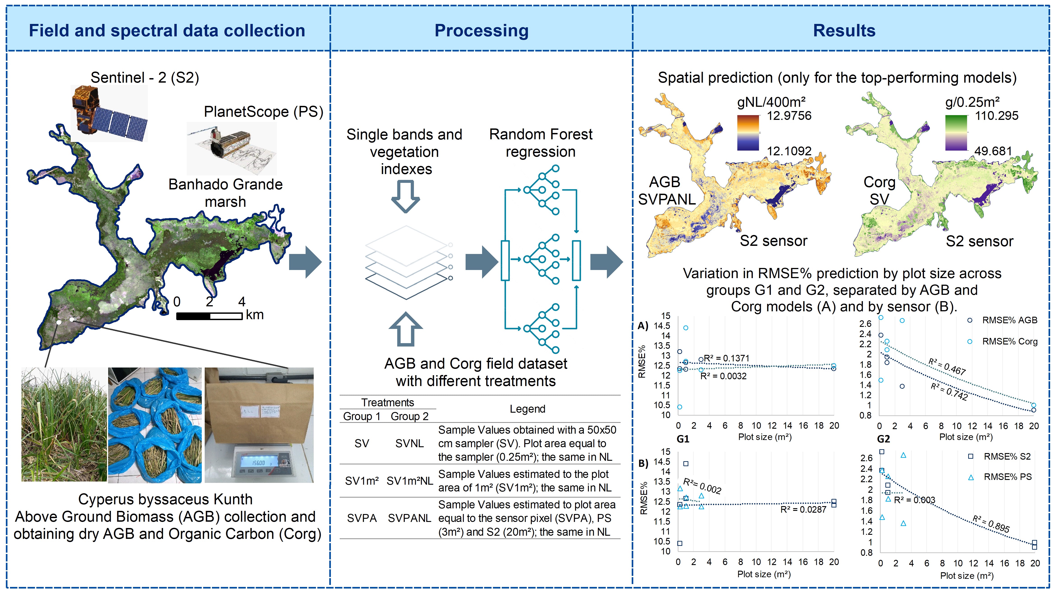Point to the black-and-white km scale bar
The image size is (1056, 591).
point(209,316)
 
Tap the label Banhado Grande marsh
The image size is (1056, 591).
point(225,193)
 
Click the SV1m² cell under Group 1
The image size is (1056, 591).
point(362,481)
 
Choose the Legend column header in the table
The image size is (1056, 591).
point(527,409)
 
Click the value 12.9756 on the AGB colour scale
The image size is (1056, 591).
point(789,116)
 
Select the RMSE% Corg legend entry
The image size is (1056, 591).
point(1009,342)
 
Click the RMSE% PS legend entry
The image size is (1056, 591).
point(1007,477)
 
